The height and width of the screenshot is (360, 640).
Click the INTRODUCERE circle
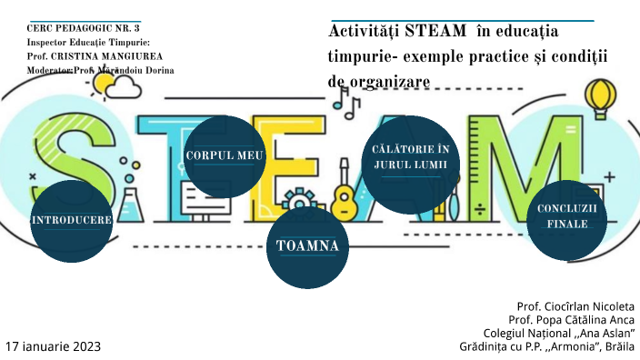pyautogui.click(x=71, y=220)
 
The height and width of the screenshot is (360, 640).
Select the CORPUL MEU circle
pyautogui.click(x=224, y=156)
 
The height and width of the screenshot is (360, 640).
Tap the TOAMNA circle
pyautogui.click(x=306, y=245)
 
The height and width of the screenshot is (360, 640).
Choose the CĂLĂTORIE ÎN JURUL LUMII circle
pyautogui.click(x=411, y=158)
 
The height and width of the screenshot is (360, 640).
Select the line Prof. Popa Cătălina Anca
pyautogui.click(x=572, y=320)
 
